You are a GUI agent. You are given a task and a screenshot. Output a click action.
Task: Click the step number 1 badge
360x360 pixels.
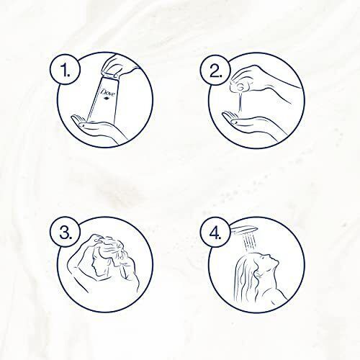(65, 68)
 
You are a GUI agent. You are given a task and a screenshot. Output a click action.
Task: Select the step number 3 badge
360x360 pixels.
(65, 233)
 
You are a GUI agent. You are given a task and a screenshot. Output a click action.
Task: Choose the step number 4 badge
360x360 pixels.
(215, 233)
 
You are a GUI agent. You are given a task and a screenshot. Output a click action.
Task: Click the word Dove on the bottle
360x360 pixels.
(108, 92)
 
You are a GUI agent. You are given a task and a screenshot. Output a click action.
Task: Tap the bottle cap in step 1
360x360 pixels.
(109, 74)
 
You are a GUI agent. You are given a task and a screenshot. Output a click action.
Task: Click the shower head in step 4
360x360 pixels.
(244, 229)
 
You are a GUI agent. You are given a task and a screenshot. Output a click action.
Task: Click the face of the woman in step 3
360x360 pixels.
(96, 265)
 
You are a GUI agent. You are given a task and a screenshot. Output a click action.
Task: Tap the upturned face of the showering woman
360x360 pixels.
(269, 261)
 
